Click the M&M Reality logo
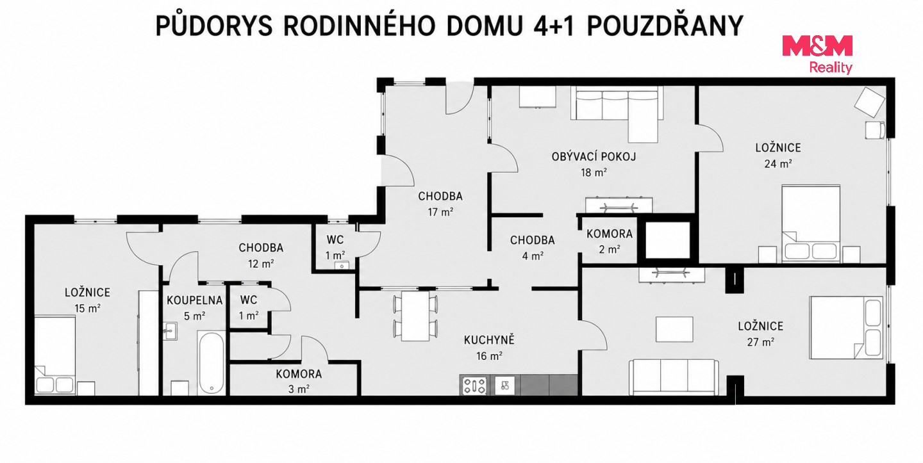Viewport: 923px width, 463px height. (817, 54)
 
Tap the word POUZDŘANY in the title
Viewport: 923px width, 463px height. (665, 26)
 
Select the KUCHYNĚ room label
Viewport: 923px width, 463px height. (489, 340)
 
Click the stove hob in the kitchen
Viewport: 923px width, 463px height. (474, 386)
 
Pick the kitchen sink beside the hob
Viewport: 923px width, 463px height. (505, 386)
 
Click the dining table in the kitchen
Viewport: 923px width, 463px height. (415, 316)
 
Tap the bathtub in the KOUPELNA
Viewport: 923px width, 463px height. (212, 362)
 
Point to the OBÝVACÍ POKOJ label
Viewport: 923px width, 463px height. (594, 157)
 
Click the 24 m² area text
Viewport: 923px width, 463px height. (778, 164)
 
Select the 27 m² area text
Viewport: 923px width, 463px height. (761, 342)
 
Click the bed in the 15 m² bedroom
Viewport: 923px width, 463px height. (55, 355)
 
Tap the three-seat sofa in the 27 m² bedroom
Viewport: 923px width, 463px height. (674, 377)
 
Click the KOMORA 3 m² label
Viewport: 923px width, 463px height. (299, 381)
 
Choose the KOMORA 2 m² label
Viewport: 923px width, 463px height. (610, 241)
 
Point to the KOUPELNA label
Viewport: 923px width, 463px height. (194, 300)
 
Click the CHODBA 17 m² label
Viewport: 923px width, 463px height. (440, 204)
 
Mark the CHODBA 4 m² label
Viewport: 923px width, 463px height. (533, 248)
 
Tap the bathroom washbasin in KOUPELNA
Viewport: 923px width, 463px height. (170, 331)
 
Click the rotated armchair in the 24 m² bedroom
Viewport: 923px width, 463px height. (869, 102)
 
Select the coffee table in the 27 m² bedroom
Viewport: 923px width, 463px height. (674, 329)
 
